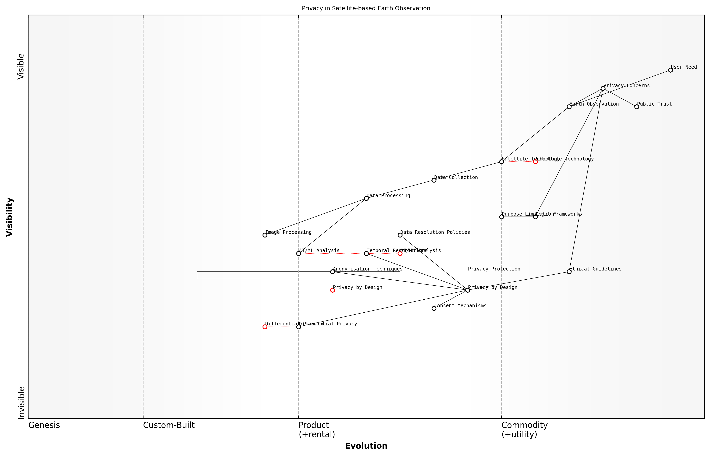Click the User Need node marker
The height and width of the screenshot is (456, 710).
(x=670, y=70)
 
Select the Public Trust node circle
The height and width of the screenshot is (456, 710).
(x=637, y=107)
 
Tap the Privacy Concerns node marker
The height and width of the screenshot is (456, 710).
(x=603, y=88)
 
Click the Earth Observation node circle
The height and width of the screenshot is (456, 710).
(x=569, y=107)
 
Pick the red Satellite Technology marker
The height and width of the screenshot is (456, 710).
(x=535, y=162)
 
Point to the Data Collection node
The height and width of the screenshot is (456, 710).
(x=434, y=180)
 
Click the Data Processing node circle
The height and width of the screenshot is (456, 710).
(x=366, y=198)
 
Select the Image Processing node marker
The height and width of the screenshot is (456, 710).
(x=265, y=235)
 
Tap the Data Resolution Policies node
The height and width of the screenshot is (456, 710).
(x=400, y=235)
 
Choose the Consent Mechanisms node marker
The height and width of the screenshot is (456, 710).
(x=434, y=309)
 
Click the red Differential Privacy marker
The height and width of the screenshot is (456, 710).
(x=265, y=327)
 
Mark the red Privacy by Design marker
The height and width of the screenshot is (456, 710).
(x=333, y=290)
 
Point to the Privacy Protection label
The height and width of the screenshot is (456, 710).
(x=494, y=269)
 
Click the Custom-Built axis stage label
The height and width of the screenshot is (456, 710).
(x=169, y=425)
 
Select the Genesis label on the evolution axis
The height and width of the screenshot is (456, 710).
(x=44, y=425)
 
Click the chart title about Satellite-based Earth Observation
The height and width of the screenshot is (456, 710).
(x=366, y=8)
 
